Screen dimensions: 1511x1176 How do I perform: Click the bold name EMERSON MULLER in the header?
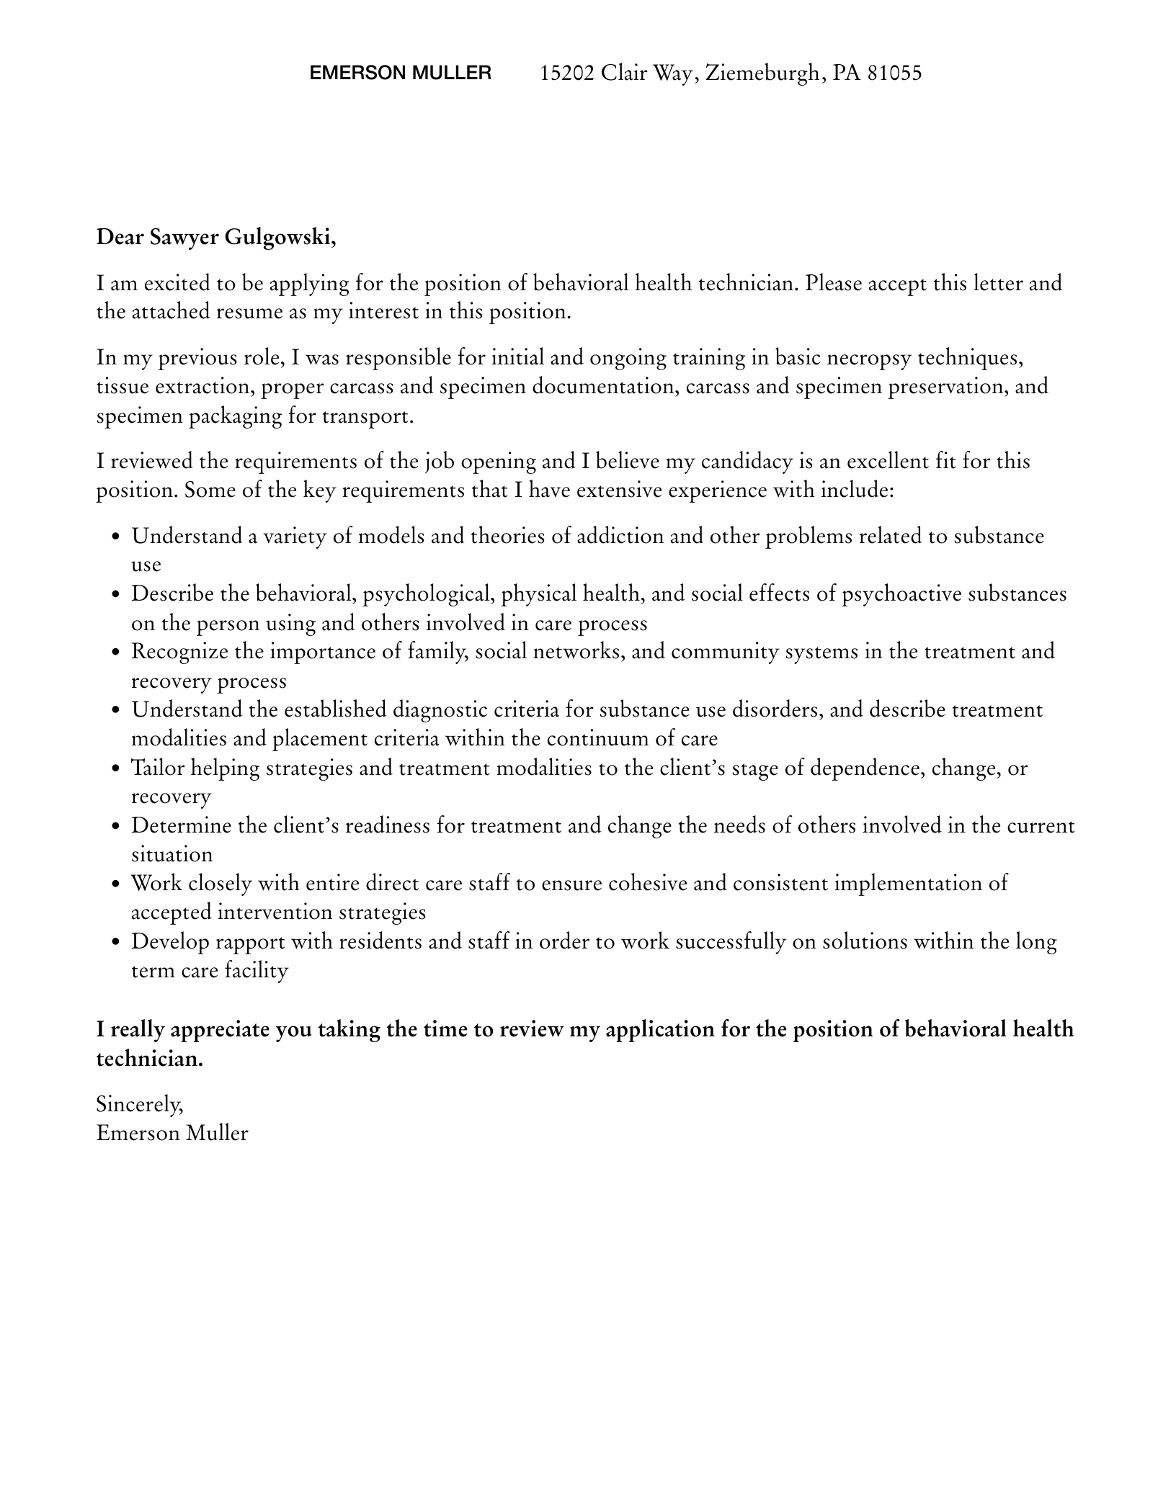click(x=400, y=73)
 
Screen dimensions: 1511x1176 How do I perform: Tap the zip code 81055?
click(x=894, y=73)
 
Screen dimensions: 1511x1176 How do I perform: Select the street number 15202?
click(x=567, y=73)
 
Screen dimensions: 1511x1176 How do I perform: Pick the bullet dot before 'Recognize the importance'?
click(x=116, y=653)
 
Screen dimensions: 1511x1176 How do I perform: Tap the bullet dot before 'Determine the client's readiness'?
click(x=116, y=826)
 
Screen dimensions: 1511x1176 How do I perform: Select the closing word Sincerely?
click(x=140, y=1103)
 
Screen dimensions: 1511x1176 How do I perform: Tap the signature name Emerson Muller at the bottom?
click(x=172, y=1133)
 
